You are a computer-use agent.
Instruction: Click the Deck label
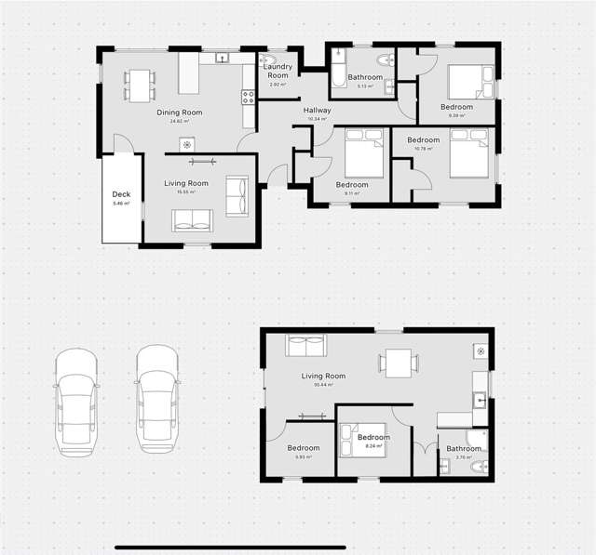point(121,195)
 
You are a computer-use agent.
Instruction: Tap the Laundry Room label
point(278,71)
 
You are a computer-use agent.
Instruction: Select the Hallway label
point(317,111)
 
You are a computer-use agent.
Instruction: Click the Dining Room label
point(179,112)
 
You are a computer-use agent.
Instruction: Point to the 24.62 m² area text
point(179,121)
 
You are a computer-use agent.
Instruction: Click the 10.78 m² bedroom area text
point(423,149)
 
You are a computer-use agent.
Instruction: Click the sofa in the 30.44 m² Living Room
point(305,347)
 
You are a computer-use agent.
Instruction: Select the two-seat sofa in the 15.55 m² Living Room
point(193,219)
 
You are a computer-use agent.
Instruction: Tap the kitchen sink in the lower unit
point(479,402)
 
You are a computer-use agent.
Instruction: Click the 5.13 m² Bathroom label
point(365,77)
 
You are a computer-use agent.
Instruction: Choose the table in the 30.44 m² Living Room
point(399,363)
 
